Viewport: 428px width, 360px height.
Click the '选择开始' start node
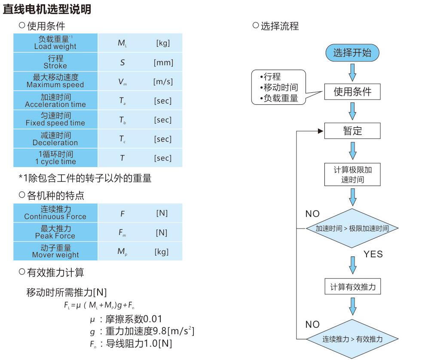tap(352, 53)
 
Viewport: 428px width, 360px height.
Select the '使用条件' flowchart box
tap(352, 91)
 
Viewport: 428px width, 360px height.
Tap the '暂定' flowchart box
tap(352, 130)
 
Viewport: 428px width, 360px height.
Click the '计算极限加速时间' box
tap(352, 174)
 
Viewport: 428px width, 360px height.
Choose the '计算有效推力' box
tap(352, 287)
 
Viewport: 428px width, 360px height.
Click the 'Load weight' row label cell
tap(55, 43)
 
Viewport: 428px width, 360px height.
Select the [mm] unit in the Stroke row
tap(163, 63)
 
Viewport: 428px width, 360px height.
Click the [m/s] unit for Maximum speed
tap(163, 82)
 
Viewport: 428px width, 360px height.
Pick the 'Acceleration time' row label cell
tap(55, 101)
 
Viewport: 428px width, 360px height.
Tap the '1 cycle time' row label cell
tap(55, 158)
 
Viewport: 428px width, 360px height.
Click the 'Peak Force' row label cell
tap(55, 232)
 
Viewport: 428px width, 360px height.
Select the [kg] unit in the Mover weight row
tap(162, 251)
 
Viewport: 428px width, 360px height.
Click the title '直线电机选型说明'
tap(47, 9)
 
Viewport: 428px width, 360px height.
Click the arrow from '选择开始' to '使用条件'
tap(352, 72)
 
